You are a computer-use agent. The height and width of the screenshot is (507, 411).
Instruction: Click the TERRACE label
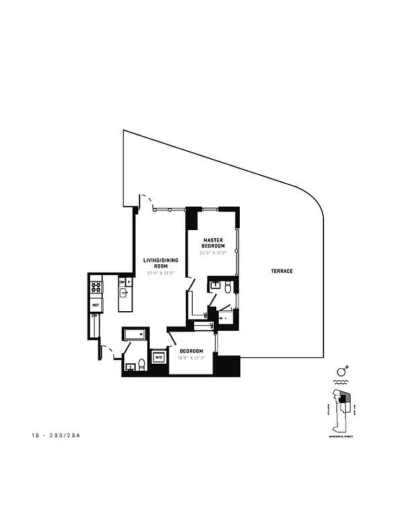point(282,271)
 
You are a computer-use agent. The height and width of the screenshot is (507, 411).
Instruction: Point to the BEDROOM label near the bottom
point(191,351)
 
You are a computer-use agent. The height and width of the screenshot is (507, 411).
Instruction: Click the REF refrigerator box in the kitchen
point(96,305)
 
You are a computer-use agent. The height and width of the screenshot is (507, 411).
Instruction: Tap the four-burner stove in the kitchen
point(96,288)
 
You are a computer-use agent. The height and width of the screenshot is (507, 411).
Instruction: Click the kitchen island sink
point(124,292)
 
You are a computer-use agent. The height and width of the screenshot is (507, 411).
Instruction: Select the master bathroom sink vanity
point(215,286)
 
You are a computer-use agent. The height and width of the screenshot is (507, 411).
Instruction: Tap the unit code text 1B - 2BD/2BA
point(58,436)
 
